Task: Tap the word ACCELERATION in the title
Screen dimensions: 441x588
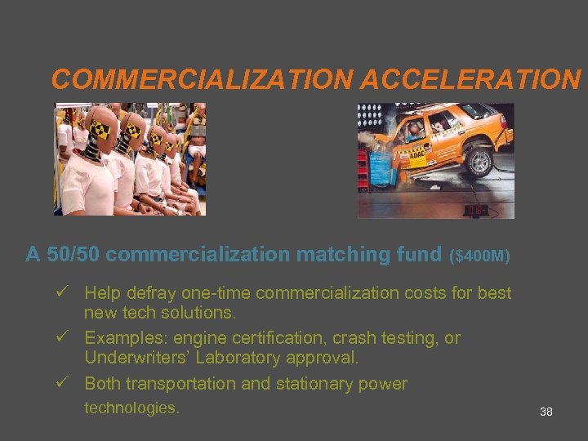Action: click(470, 79)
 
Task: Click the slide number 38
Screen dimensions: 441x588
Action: click(546, 412)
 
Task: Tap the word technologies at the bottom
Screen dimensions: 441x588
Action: click(131, 408)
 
